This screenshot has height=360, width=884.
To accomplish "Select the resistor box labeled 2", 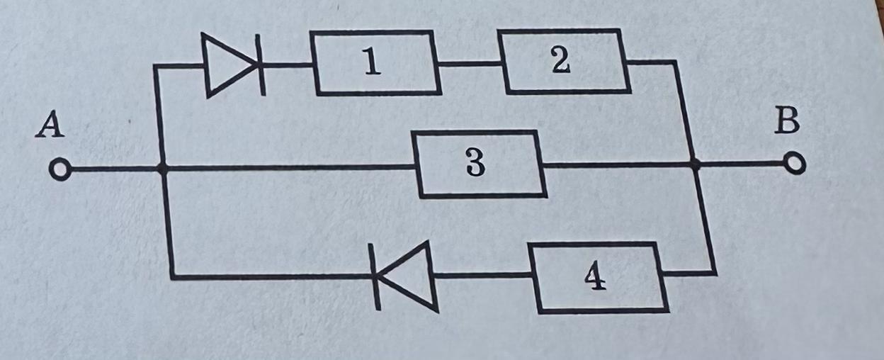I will point(565,61).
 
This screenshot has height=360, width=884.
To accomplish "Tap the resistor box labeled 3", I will point(480,164).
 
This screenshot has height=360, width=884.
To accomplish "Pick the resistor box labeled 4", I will point(601,277).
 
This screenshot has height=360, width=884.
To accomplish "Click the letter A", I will point(50,126).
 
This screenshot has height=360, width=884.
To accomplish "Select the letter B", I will point(786,122).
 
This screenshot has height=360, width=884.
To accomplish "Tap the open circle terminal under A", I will point(60,171).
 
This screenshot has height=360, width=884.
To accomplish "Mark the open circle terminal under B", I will point(796,164).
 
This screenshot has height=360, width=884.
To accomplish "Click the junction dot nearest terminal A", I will point(162,169).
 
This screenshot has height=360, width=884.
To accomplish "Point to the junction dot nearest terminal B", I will point(695,164).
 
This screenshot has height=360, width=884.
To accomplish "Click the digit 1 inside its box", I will point(372,64).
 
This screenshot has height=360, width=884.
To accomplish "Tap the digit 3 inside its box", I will point(475,164).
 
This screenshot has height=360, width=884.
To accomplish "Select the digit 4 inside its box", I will point(595,279).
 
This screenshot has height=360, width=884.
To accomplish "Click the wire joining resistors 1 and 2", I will point(471,63).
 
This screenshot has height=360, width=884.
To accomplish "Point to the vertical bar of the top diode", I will point(261,65).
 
